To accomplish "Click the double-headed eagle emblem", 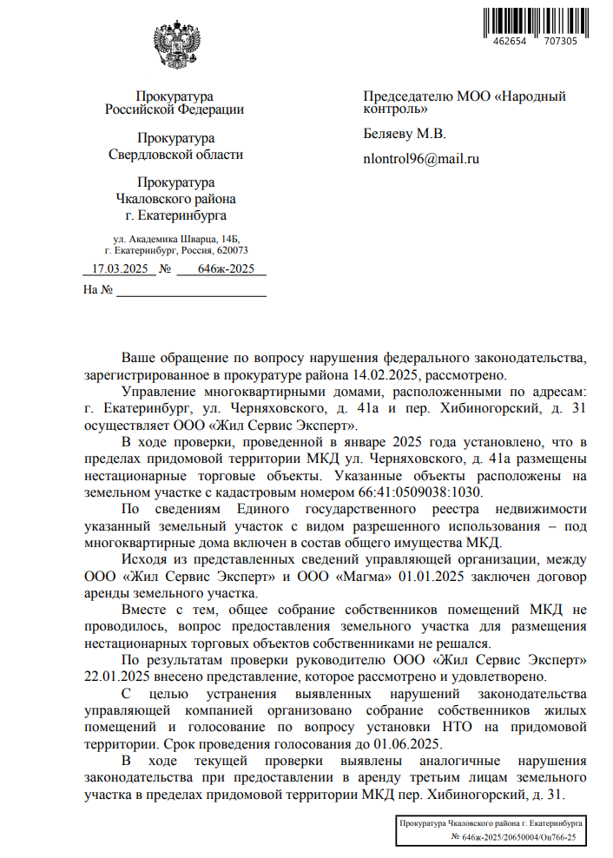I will [177, 46].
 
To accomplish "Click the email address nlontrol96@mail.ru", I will [421, 159].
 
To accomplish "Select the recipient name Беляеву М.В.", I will [404, 134].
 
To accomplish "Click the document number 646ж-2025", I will [226, 269].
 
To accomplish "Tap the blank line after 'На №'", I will [191, 290].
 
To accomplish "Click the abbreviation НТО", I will [432, 728].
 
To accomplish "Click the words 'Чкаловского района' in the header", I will [175, 199].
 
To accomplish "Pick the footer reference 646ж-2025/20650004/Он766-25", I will [513, 836].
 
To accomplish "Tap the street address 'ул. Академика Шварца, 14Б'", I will [175, 238].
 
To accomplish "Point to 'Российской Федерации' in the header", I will [175, 109].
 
